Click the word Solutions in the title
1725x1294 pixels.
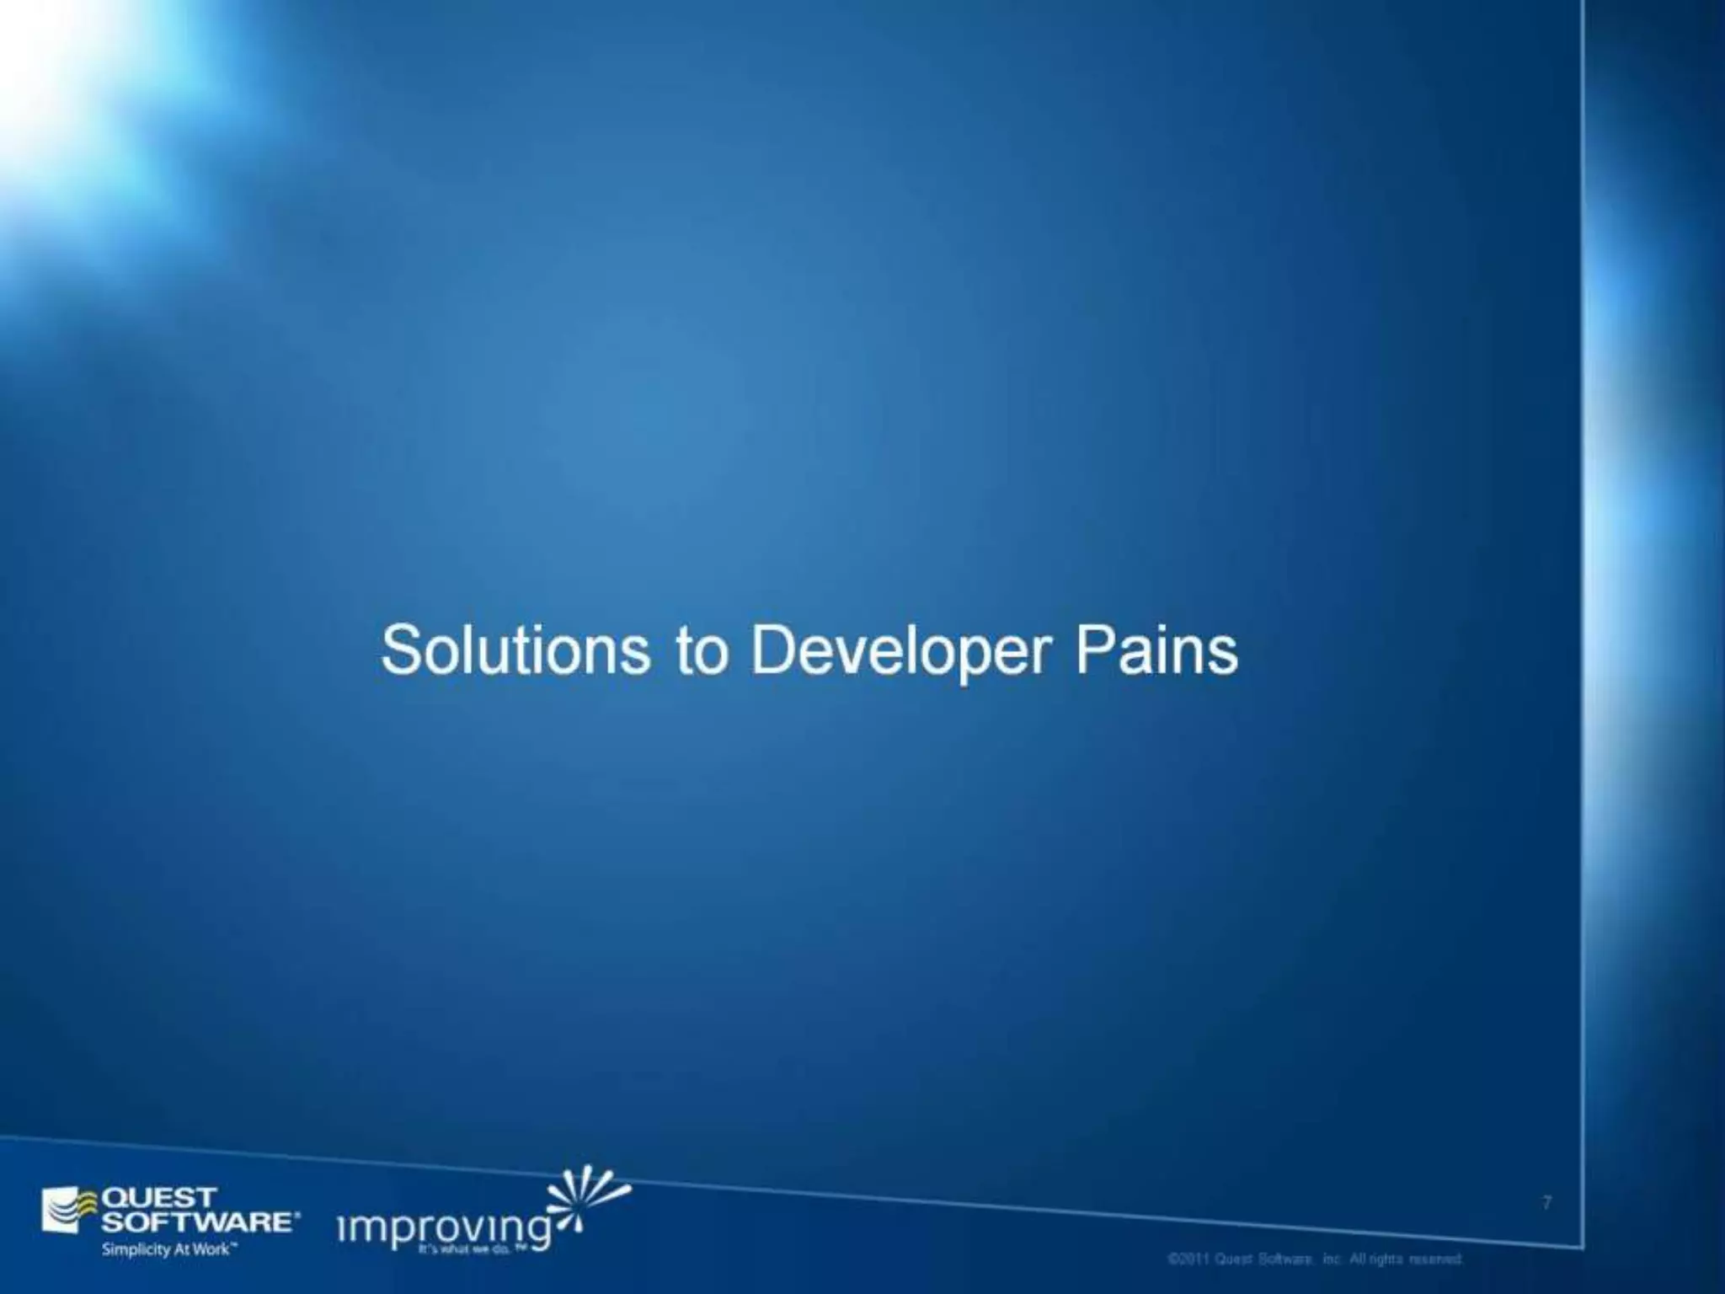pos(515,651)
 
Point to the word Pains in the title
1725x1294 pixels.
pos(1156,651)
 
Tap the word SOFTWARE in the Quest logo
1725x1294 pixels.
pos(197,1222)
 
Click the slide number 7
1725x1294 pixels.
pos(1546,1203)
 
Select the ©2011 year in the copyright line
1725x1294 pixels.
pos(1188,1259)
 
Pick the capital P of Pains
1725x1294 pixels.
pos(1092,651)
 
